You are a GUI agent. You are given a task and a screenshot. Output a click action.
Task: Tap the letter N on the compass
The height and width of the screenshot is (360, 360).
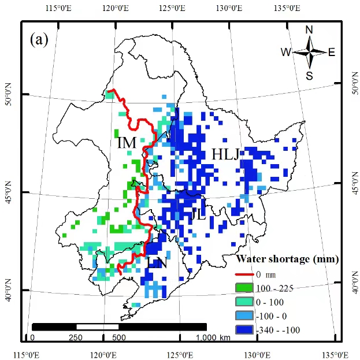(309, 30)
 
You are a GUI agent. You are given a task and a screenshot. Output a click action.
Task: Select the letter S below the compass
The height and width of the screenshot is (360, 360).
(309, 75)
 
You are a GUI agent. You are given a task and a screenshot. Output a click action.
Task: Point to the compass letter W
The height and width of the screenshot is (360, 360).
(286, 53)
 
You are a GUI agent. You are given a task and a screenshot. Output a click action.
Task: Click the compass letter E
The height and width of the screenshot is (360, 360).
(332, 53)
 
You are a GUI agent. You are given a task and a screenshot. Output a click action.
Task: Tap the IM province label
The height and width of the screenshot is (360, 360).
(126, 143)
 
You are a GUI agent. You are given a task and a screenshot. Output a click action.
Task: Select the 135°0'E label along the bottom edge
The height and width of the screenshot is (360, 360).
(329, 353)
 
